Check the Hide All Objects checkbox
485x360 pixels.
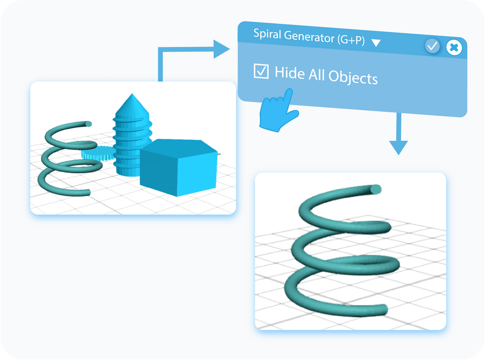click(x=261, y=72)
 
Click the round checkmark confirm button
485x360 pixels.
click(x=432, y=46)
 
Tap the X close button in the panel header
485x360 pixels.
click(x=454, y=47)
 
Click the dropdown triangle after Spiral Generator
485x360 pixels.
click(x=376, y=43)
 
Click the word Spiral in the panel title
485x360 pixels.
click(x=266, y=35)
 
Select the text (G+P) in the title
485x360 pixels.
click(x=351, y=40)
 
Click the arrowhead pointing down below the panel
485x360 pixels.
click(x=399, y=147)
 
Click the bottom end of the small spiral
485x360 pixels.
click(x=86, y=193)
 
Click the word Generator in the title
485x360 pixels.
click(x=310, y=37)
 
